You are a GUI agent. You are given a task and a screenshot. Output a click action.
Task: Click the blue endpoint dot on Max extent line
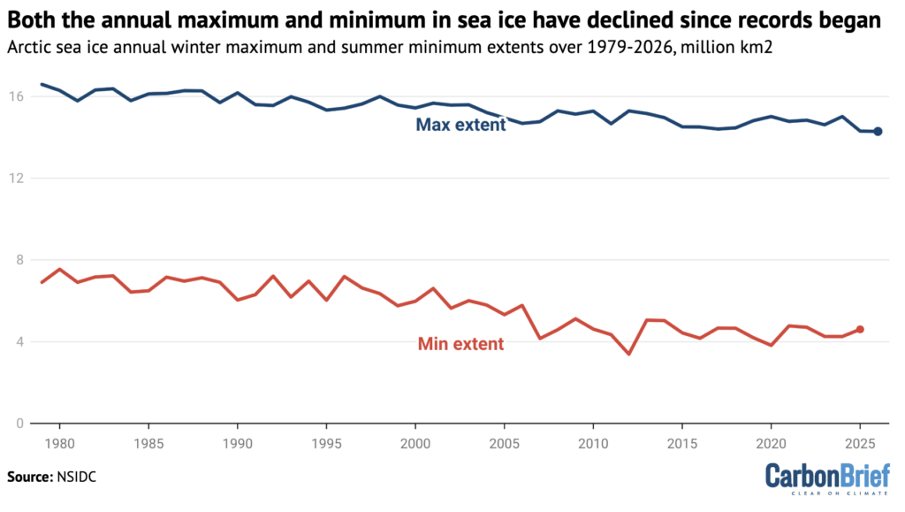pyautogui.click(x=878, y=132)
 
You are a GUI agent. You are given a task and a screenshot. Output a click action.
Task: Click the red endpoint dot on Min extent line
pyautogui.click(x=860, y=329)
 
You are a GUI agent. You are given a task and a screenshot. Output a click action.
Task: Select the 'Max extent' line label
pyautogui.click(x=460, y=125)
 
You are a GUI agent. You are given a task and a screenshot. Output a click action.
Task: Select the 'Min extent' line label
pyautogui.click(x=460, y=344)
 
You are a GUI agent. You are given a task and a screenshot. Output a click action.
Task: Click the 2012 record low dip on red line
pyautogui.click(x=628, y=354)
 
